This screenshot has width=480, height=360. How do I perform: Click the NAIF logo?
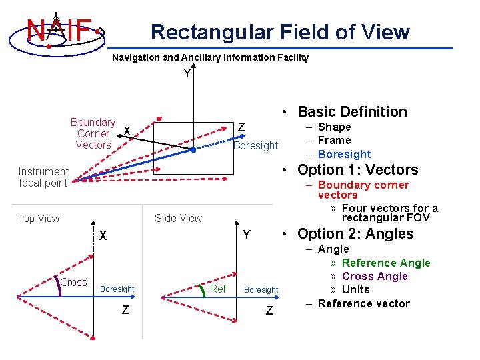click(x=57, y=29)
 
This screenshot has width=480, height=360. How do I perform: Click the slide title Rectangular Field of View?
click(x=280, y=31)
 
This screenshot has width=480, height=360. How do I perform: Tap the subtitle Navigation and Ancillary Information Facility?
click(x=210, y=57)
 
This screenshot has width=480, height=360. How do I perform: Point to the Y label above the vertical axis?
click(x=187, y=73)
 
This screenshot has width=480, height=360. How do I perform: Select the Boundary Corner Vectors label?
click(x=93, y=133)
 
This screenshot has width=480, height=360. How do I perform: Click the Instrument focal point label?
click(x=43, y=177)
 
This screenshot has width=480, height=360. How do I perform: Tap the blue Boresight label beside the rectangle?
click(x=255, y=145)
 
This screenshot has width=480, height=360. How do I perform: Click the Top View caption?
click(x=39, y=219)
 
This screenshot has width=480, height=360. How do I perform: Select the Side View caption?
click(x=178, y=218)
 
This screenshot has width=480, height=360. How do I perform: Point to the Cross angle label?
click(x=73, y=282)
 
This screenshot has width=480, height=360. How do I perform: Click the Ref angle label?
click(x=218, y=289)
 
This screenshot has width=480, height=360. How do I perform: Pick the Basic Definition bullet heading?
click(x=352, y=112)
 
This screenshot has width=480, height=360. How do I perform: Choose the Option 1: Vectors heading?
click(x=357, y=170)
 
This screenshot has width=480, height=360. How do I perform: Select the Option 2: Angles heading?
click(x=355, y=234)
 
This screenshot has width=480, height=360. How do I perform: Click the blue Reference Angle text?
click(x=386, y=263)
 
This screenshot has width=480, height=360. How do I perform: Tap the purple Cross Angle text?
click(x=375, y=276)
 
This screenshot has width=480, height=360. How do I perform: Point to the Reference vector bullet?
click(x=364, y=303)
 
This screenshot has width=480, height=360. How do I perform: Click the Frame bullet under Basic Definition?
click(x=334, y=140)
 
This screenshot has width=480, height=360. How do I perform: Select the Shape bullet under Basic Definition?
click(x=334, y=127)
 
